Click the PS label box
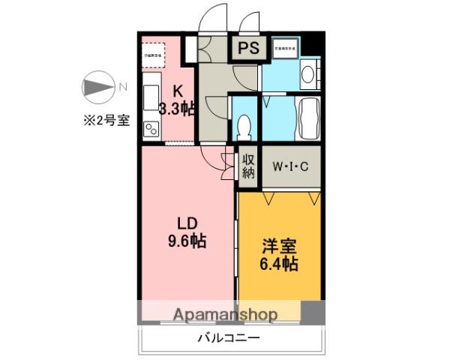click(x=248, y=48)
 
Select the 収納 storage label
click(x=248, y=166)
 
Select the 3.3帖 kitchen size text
click(x=177, y=106)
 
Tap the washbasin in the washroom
click(x=307, y=73)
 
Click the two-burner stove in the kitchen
click(x=149, y=129)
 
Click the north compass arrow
click(x=96, y=86)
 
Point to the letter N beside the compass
click(x=121, y=86)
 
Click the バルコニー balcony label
click(x=229, y=338)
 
